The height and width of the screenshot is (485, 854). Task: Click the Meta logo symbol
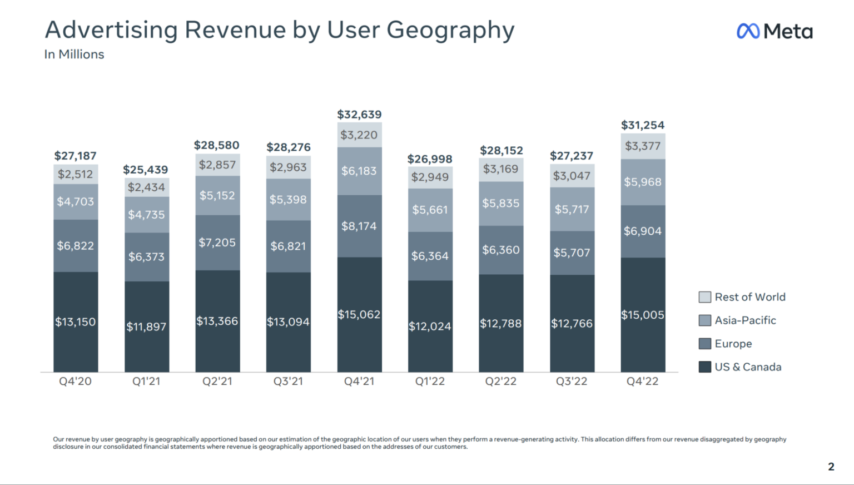tap(748, 31)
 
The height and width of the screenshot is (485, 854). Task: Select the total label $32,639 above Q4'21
tap(359, 115)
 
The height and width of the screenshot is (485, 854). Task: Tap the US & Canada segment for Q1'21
tap(146, 326)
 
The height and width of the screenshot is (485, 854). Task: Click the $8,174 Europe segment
tap(359, 226)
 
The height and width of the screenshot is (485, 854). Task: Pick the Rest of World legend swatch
tap(704, 297)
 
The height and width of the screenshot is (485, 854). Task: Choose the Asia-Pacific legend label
tap(745, 320)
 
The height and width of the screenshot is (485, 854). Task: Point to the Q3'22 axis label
tap(572, 382)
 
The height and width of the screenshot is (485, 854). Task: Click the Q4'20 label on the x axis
tap(76, 382)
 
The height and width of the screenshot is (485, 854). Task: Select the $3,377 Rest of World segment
tap(643, 146)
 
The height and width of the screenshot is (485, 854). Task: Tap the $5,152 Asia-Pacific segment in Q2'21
tap(217, 195)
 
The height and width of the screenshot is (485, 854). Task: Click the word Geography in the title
tap(450, 30)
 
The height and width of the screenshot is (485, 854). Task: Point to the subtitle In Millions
tap(74, 55)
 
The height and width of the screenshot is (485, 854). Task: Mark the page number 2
tap(831, 467)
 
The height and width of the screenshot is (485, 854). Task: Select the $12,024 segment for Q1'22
tap(430, 326)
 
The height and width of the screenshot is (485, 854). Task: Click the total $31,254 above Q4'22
tap(643, 125)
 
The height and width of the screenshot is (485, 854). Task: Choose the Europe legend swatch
tap(704, 344)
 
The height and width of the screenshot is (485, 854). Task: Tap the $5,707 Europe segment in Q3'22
tap(572, 253)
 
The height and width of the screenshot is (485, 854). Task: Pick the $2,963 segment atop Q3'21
tap(288, 167)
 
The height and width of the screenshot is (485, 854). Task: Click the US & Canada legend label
tap(748, 367)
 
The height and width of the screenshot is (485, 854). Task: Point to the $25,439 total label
tap(145, 170)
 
